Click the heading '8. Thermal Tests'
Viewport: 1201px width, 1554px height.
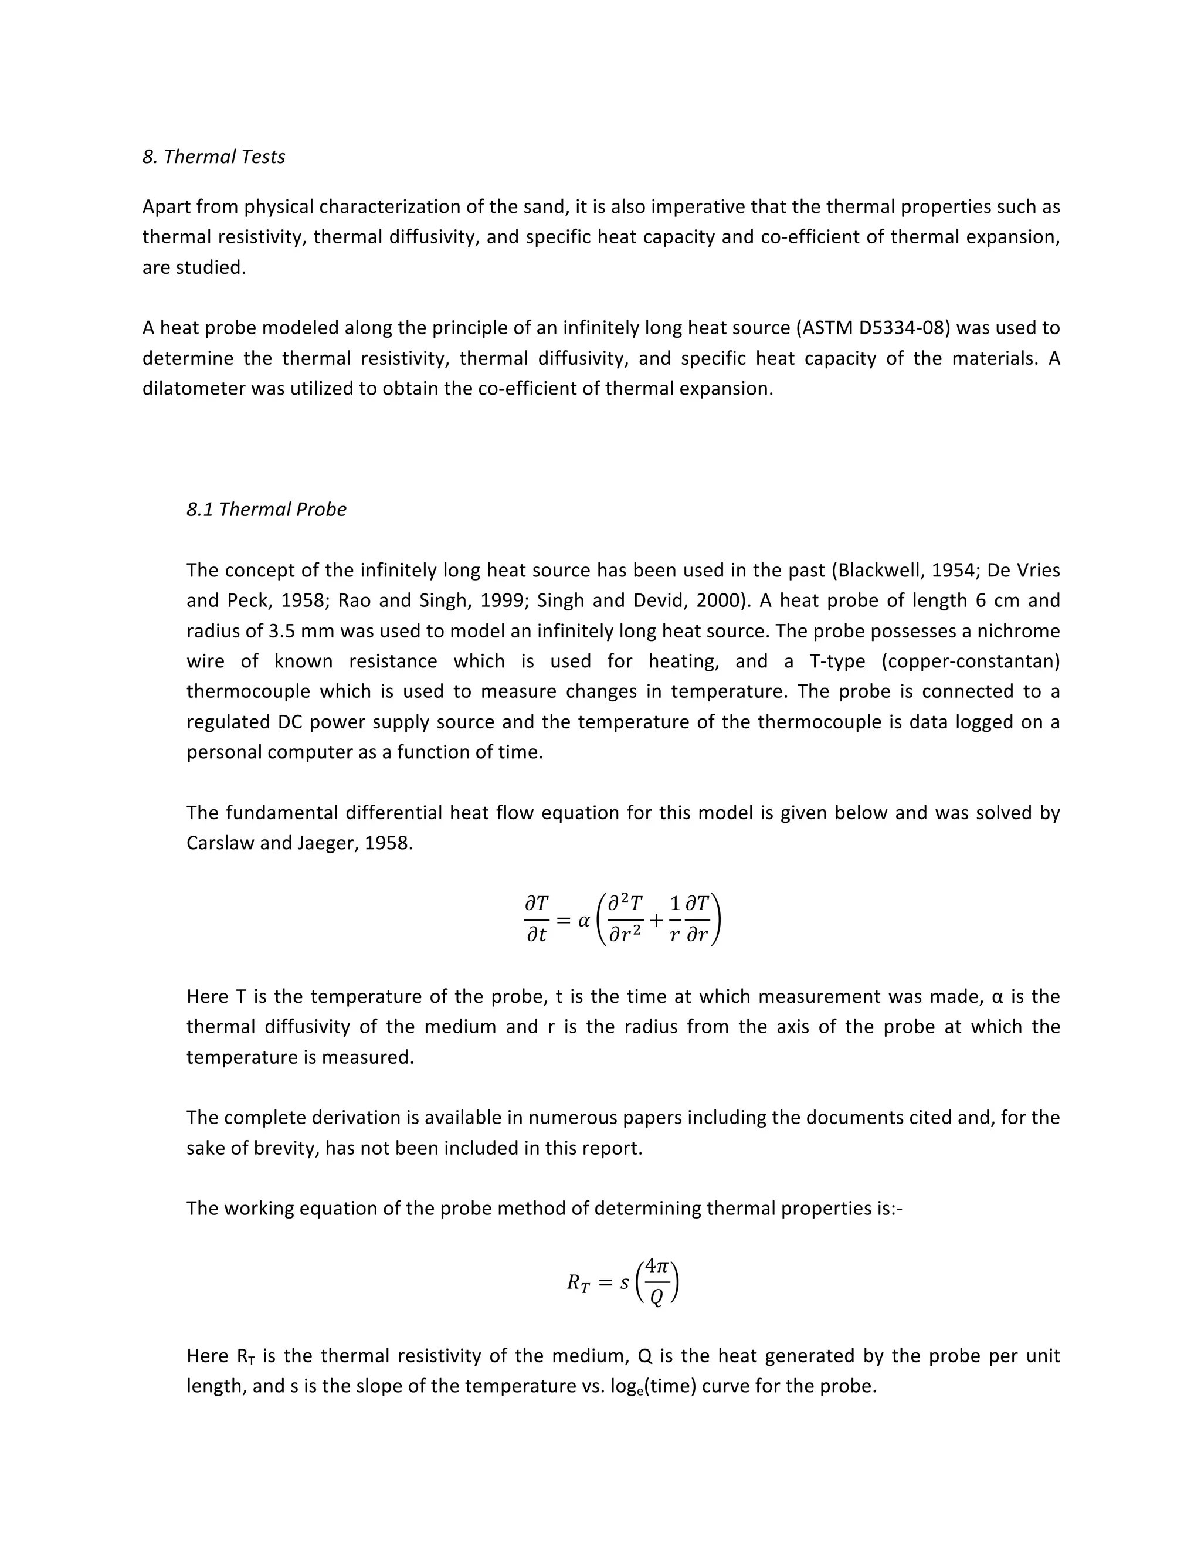click(213, 157)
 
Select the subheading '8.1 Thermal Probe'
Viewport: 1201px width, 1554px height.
click(266, 510)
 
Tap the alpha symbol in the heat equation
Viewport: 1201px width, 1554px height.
click(584, 920)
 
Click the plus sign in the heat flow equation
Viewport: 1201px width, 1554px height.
click(656, 920)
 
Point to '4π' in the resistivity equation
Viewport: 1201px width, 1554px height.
click(656, 1267)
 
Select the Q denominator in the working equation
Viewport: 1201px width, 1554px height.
click(656, 1298)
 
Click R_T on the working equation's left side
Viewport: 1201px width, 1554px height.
click(578, 1283)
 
